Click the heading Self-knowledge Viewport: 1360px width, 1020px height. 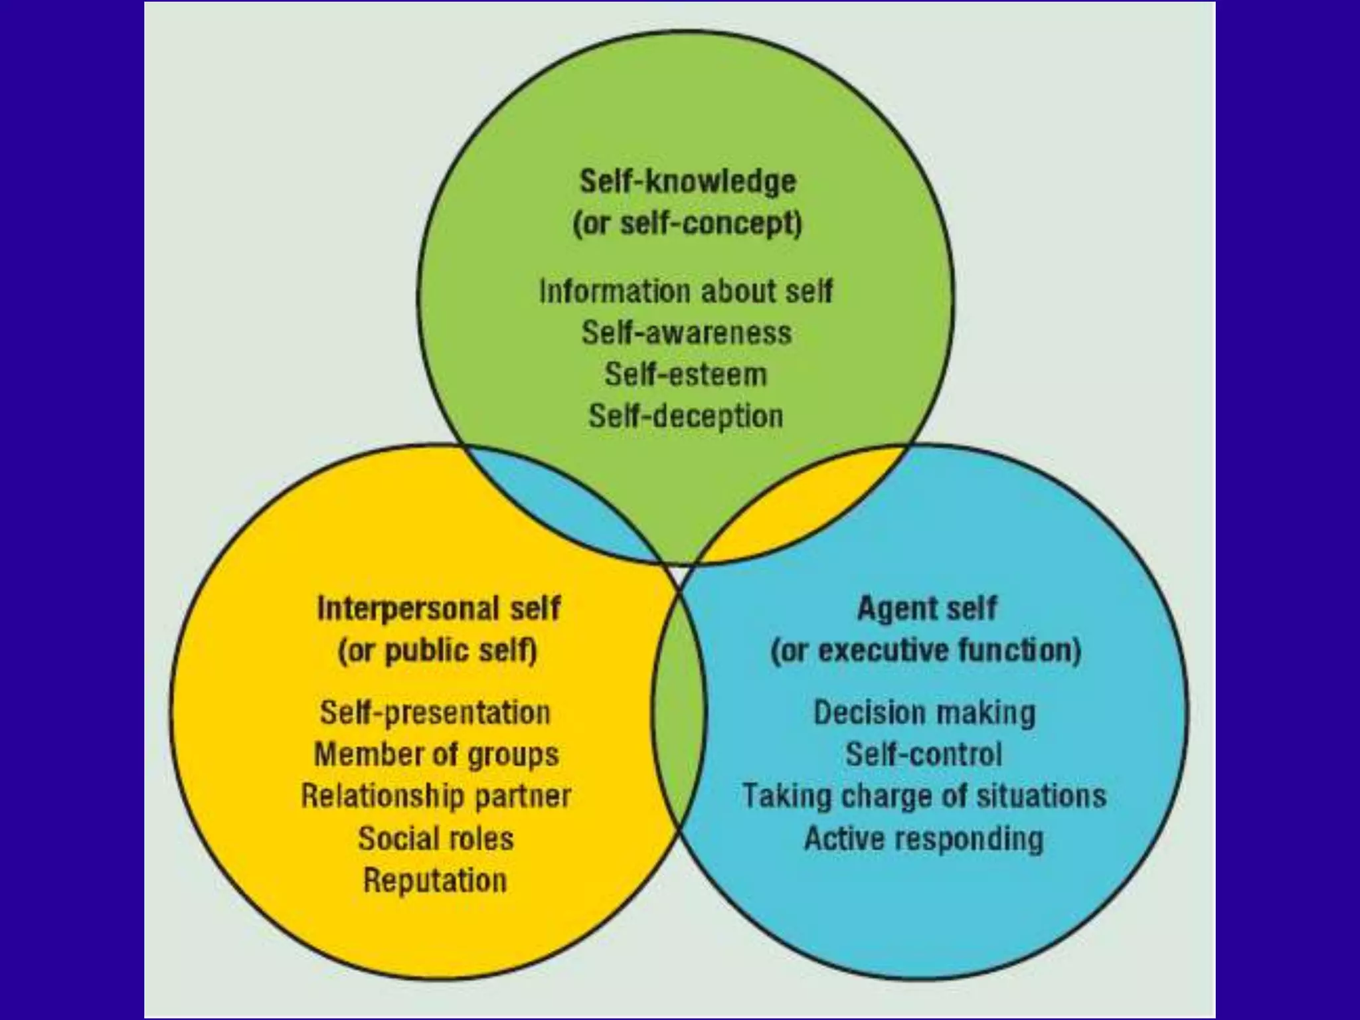687,181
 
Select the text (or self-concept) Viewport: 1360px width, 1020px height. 687,224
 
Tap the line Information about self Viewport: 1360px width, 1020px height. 685,292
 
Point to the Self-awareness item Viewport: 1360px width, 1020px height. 687,333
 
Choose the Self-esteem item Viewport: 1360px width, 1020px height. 685,375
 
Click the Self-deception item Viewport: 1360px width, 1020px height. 685,416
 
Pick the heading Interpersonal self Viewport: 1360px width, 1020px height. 438,608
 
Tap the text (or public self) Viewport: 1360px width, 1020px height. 437,651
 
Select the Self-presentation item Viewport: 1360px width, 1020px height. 435,713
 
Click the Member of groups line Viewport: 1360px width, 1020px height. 436,755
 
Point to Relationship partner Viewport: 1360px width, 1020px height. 436,796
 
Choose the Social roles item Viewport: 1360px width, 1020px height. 436,839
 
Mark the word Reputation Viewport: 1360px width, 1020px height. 435,881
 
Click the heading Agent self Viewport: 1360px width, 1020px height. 927,608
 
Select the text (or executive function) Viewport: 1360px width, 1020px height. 926,651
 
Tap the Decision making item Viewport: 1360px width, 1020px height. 924,713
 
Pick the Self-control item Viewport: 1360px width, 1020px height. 923,755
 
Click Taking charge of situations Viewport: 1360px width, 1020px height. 924,796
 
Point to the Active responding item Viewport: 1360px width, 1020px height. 924,839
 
